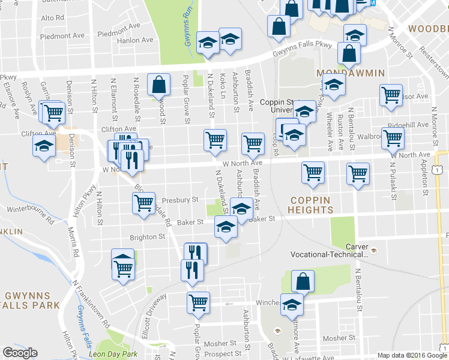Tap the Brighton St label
click(148, 236)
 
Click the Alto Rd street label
click(52, 18)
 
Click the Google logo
click(20, 353)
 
